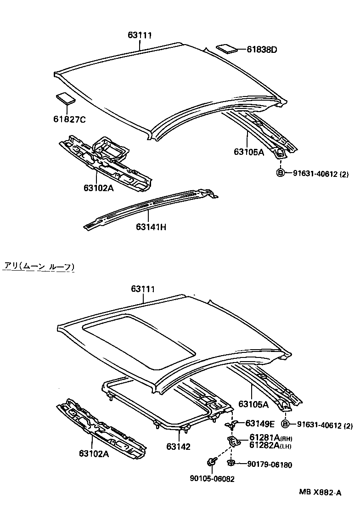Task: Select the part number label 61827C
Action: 69,119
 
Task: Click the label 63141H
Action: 151,227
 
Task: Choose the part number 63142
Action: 178,446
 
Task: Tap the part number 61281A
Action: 264,437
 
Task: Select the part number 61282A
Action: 264,445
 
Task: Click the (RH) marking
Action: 286,438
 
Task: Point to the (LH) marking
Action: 286,446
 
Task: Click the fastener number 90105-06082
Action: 213,479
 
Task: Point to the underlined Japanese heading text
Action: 39,266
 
